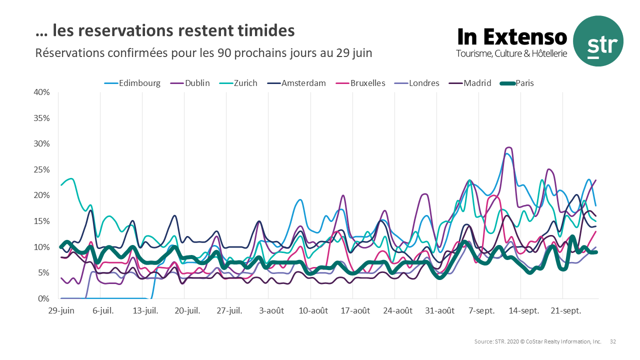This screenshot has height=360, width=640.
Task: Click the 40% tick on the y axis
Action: [x=42, y=92]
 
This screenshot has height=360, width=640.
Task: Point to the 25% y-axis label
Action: [x=42, y=170]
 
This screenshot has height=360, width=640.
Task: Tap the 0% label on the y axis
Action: [x=44, y=299]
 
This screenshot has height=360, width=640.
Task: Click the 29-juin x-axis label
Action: [x=61, y=310]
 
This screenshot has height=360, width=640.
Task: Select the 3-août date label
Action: [x=271, y=310]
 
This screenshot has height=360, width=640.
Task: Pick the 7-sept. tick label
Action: [x=482, y=310]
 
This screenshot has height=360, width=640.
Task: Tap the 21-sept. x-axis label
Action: [x=566, y=310]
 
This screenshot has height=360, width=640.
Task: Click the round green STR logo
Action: [x=598, y=41]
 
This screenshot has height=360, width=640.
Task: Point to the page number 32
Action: [x=613, y=341]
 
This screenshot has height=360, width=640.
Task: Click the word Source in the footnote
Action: [x=483, y=341]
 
